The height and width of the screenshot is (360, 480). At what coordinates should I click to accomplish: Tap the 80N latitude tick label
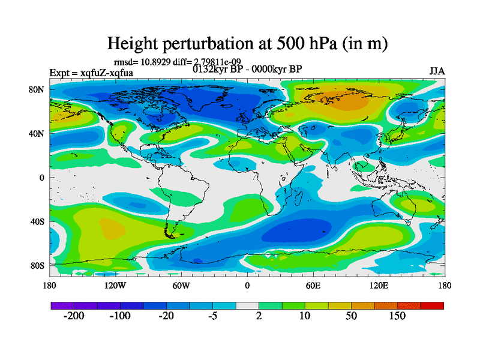pyautogui.click(x=38, y=89)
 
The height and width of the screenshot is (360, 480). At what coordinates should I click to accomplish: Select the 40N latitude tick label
pyautogui.click(x=38, y=133)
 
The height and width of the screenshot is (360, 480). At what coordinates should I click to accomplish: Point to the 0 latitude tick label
pyautogui.click(x=43, y=178)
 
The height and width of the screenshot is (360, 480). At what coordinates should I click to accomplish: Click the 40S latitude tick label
pyautogui.click(x=38, y=221)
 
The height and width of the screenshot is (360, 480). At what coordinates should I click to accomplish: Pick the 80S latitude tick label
pyautogui.click(x=38, y=265)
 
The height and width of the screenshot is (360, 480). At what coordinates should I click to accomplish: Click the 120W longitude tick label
pyautogui.click(x=115, y=285)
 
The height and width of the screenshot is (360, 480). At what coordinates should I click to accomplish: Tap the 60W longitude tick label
pyautogui.click(x=181, y=285)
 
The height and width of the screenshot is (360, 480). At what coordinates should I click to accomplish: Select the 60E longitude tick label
pyautogui.click(x=313, y=285)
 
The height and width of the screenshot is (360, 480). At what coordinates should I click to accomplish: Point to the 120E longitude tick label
pyautogui.click(x=379, y=285)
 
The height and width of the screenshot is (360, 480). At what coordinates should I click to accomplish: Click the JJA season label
pyautogui.click(x=437, y=71)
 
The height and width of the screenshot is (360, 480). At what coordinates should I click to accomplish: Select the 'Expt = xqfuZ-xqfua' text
pyautogui.click(x=91, y=73)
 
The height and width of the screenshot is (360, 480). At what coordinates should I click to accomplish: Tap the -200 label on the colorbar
pyautogui.click(x=74, y=316)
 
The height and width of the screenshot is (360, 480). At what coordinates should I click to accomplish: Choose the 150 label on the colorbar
pyautogui.click(x=397, y=316)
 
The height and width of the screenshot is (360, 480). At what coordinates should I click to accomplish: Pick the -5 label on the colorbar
pyautogui.click(x=212, y=316)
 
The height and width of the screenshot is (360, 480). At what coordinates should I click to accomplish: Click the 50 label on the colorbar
pyautogui.click(x=351, y=316)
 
